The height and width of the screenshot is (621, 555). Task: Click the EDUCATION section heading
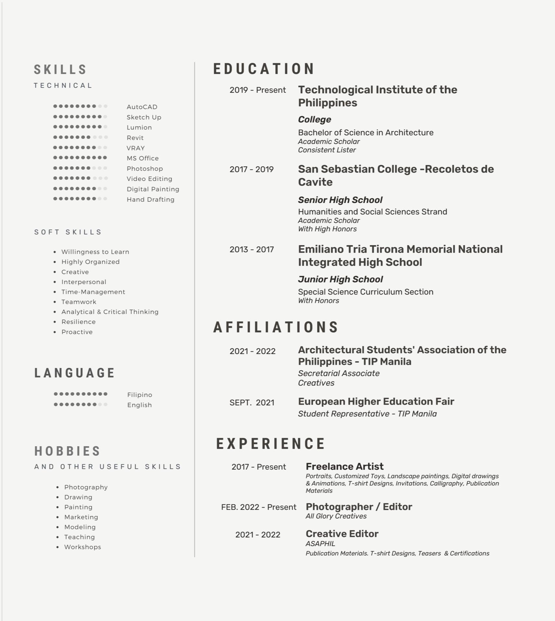[x=264, y=69]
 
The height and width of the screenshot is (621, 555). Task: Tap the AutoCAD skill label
[x=142, y=107]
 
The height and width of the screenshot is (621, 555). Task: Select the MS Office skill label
[x=142, y=158]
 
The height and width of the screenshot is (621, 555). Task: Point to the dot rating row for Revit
[x=80, y=137]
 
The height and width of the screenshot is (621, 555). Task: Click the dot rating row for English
[x=80, y=404]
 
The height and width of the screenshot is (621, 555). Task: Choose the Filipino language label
[x=140, y=395]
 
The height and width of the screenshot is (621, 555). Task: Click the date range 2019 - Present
[x=257, y=90]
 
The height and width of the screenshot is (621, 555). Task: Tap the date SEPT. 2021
[x=252, y=402]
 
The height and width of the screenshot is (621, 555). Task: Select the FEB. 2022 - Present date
[x=259, y=507]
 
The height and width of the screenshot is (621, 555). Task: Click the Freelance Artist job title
[x=344, y=466]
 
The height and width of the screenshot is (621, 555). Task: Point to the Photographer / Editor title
[x=359, y=507]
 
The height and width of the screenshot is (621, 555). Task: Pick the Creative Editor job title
[x=342, y=533]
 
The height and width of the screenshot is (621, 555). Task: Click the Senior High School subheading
[x=340, y=200]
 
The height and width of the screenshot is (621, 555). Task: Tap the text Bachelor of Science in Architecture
[x=365, y=132]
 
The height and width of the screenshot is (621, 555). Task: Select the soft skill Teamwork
[x=79, y=302]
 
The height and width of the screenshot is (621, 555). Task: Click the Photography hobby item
[x=86, y=487]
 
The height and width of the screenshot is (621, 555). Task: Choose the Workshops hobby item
[x=82, y=547]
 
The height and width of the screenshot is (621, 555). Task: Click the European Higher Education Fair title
[x=376, y=401]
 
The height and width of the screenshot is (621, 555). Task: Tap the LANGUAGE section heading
[x=75, y=373]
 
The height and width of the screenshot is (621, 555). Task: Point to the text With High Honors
[x=327, y=229]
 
